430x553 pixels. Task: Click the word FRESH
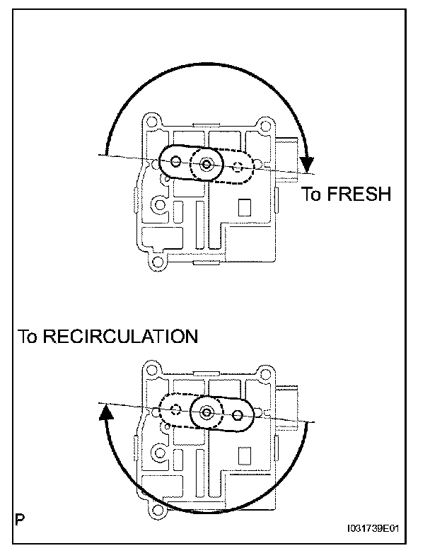pyautogui.click(x=359, y=194)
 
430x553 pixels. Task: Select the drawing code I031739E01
pyautogui.click(x=379, y=528)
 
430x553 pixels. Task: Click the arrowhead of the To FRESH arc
pyautogui.click(x=307, y=165)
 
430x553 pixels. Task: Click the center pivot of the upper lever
pyautogui.click(x=205, y=165)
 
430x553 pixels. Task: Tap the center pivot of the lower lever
pyautogui.click(x=207, y=412)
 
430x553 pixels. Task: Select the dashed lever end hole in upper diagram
pyautogui.click(x=238, y=168)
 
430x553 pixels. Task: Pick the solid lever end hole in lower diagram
pyautogui.click(x=238, y=414)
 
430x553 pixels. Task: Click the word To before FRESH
pyautogui.click(x=312, y=194)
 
